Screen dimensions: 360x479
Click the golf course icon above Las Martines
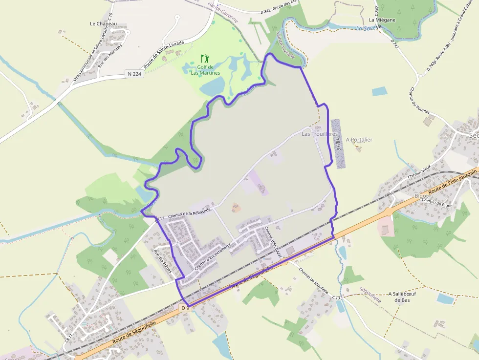tap(205, 58)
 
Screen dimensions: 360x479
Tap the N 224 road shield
tap(133, 74)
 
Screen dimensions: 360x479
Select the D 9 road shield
tap(184, 308)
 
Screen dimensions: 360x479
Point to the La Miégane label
tap(382, 20)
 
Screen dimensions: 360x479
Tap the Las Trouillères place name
tap(320, 133)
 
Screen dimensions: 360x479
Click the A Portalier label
tap(359, 140)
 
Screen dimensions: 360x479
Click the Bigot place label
tap(421, 195)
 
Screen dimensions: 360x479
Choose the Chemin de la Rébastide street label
tap(189, 213)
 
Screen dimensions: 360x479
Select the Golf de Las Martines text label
tap(205, 70)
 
